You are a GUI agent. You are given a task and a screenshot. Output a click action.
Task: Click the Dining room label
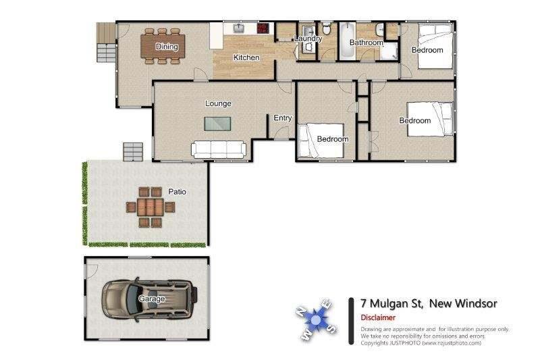pos(167,47)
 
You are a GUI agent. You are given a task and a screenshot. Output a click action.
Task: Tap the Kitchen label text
pos(246,57)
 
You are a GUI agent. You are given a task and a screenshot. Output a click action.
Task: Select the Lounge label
pos(218,103)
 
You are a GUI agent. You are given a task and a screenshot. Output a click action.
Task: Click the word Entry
pos(282,118)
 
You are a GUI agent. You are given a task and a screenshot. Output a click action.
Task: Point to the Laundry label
pos(308,38)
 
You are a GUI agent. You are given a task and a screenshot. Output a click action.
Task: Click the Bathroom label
pos(366,43)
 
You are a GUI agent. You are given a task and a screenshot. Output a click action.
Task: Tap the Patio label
pos(177,192)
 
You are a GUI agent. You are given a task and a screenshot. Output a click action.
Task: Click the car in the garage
pos(149,299)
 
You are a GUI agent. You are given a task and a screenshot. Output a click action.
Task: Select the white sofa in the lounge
pos(219,150)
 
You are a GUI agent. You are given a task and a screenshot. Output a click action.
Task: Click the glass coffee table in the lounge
pos(217,124)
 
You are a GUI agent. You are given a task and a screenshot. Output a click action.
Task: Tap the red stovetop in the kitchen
pos(263,28)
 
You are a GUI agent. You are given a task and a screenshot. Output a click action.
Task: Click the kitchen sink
pos(239,28)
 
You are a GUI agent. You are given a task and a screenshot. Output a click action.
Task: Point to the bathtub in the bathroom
pos(347,41)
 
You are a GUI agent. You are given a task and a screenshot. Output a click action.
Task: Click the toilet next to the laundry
pos(326,28)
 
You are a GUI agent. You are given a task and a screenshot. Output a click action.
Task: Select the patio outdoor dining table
pos(151,207)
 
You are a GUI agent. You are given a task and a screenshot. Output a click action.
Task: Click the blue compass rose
pos(315,320)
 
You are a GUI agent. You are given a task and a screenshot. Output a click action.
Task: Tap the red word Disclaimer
pos(378,317)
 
